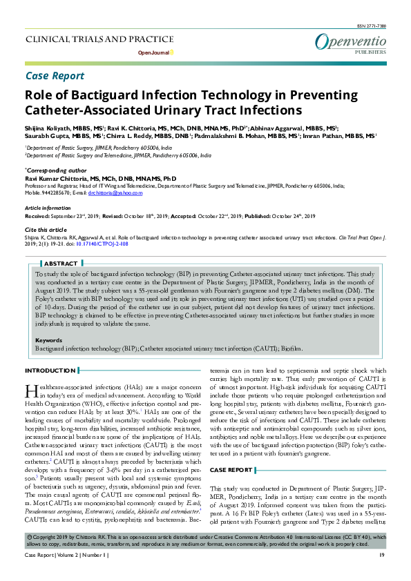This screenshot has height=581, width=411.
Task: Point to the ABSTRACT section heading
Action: pos(60,264)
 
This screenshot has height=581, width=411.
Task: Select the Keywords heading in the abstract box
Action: pos(48,340)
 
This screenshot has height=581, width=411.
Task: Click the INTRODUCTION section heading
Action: pos(50,371)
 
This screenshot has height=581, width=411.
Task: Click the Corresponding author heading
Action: pos(55,170)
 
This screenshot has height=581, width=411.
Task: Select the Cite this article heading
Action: pos(46,229)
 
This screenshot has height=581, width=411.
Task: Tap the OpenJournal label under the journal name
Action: pos(156,52)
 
